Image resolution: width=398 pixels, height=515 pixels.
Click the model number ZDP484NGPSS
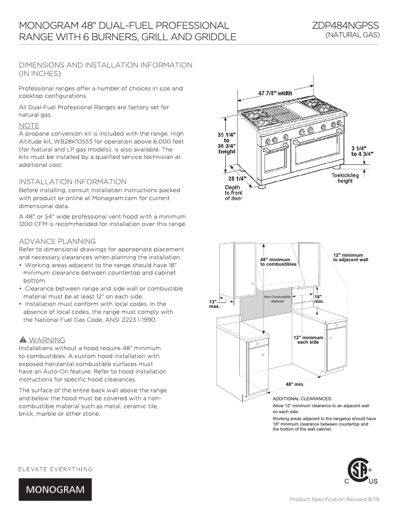coord(346,26)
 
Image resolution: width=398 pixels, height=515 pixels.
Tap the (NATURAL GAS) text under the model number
coord(352,35)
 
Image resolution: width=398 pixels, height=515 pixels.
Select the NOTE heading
coord(29,126)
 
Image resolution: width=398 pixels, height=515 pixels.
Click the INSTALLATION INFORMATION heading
coord(72,182)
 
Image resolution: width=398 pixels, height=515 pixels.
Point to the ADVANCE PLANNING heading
coord(57,241)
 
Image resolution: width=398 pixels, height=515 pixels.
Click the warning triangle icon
coord(23,340)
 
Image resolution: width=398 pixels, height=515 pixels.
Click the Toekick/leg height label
coord(345,178)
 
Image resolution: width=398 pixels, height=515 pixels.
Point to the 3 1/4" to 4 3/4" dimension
coord(362,151)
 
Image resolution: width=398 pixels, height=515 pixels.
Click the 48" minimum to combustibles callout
coord(278,262)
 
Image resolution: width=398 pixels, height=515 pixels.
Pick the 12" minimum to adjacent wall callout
coord(350,257)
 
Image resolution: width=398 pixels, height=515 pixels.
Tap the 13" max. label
coord(214,304)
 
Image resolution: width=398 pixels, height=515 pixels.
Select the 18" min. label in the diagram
coord(319,299)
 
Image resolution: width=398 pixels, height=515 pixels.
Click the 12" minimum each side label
coord(308,340)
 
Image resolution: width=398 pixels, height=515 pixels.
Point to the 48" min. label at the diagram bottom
coord(295,384)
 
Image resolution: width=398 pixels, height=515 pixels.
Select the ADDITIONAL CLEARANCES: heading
coord(302,398)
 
